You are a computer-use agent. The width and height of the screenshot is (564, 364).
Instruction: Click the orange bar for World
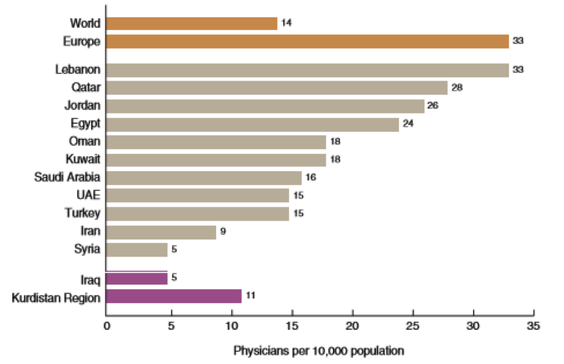pyautogui.click(x=191, y=23)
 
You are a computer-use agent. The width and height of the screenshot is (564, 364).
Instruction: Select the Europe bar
pyautogui.click(x=307, y=41)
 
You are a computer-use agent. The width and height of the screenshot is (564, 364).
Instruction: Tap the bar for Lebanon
pyautogui.click(x=307, y=70)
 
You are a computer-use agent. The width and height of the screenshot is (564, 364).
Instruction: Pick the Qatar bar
pyautogui.click(x=277, y=88)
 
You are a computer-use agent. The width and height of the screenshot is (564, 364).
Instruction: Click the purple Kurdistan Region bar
pyautogui.click(x=173, y=296)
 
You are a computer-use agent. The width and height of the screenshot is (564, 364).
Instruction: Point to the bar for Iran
pyautogui.click(x=161, y=232)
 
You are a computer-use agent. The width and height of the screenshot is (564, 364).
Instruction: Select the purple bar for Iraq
pyautogui.click(x=136, y=278)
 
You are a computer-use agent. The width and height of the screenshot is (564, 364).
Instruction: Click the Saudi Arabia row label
pyautogui.click(x=67, y=178)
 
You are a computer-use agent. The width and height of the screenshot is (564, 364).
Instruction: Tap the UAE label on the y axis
pyautogui.click(x=88, y=196)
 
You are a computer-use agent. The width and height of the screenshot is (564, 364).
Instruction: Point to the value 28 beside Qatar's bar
pyautogui.click(x=457, y=88)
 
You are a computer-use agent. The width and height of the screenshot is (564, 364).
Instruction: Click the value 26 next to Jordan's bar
pyautogui.click(x=433, y=106)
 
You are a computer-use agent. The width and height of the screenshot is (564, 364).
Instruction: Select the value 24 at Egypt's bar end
pyautogui.click(x=408, y=123)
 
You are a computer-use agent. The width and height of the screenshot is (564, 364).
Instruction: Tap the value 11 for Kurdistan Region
pyautogui.click(x=250, y=295)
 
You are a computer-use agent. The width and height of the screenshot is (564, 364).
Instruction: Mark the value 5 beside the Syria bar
pyautogui.click(x=174, y=250)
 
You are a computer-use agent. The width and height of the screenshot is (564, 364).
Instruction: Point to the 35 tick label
pyautogui.click(x=533, y=326)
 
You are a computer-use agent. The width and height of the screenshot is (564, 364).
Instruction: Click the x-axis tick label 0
pyautogui.click(x=106, y=326)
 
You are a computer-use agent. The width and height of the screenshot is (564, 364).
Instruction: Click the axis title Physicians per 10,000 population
pyautogui.click(x=318, y=351)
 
